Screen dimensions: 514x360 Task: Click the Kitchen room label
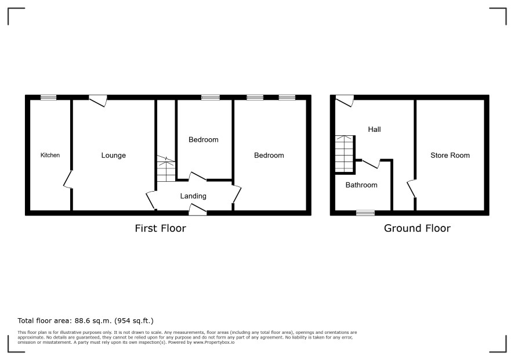pos(50,155)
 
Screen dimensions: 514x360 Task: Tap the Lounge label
pos(114,156)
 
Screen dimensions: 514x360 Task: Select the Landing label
pos(193,196)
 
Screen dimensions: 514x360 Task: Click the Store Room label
pos(450,155)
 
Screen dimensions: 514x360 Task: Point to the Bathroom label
pos(361,185)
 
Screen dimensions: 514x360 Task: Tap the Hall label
pos(374,129)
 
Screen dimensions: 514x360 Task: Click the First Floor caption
pos(160,228)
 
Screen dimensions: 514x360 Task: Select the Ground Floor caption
pos(417,228)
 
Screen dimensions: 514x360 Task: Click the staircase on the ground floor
pos(345,154)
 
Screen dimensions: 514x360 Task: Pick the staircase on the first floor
pos(166,169)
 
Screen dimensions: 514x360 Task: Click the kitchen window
pos(49,97)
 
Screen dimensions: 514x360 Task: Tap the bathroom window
pos(365,213)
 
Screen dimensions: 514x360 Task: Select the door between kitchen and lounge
pos(68,179)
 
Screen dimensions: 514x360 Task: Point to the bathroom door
pos(371,163)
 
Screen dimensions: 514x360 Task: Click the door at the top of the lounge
pos(98,100)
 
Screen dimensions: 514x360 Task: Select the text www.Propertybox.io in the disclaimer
pos(213,342)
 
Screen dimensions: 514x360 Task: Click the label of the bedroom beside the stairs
pos(203,140)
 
